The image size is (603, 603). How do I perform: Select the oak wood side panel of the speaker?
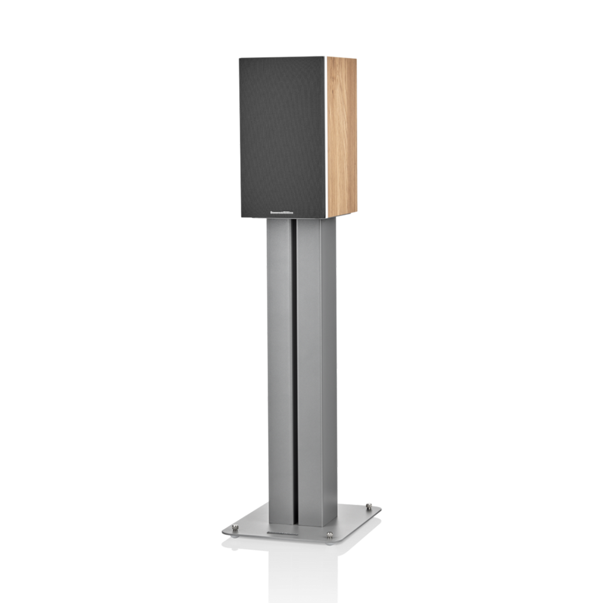point(343,135)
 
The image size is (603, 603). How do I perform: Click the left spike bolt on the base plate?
point(236,528)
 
